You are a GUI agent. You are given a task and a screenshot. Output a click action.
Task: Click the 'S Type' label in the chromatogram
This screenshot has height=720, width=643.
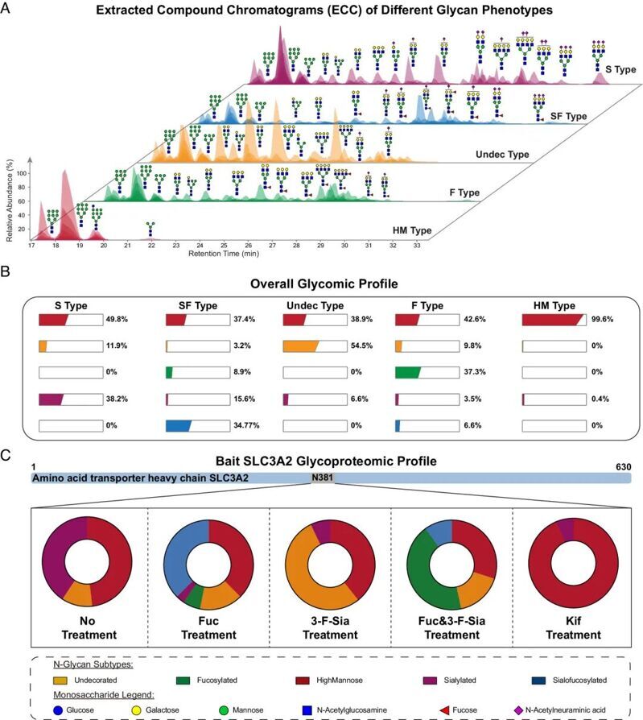pyautogui.click(x=620, y=70)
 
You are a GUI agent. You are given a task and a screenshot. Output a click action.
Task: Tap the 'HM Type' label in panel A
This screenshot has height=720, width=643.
pyautogui.click(x=412, y=231)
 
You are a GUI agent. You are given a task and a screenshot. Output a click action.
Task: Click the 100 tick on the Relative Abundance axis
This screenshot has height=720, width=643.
pyautogui.click(x=22, y=173)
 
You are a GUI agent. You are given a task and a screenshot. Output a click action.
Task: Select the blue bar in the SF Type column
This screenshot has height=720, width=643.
pyautogui.click(x=178, y=425)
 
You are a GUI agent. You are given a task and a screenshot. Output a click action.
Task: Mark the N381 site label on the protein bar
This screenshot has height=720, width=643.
pyautogui.click(x=321, y=478)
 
